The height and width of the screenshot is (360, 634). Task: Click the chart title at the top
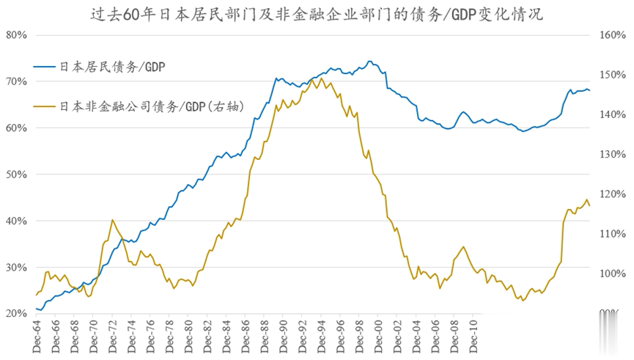coord(317,12)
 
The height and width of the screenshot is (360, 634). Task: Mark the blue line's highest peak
coord(369,62)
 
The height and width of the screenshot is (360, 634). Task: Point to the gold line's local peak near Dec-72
coord(113,220)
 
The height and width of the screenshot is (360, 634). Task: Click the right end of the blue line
coord(590,91)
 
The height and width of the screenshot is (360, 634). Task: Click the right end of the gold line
coord(590,206)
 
